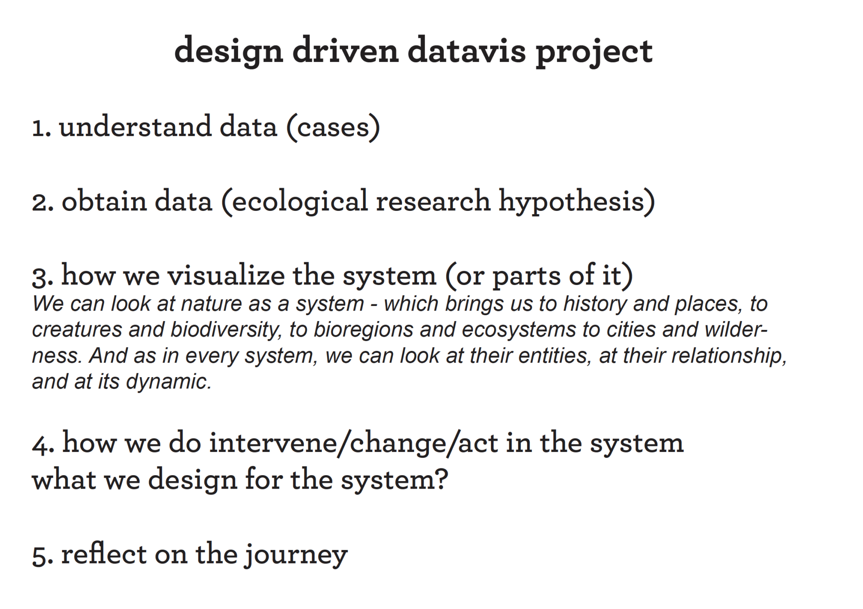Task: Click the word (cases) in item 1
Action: point(333,127)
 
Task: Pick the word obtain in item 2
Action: point(104,201)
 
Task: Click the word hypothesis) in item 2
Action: point(576,201)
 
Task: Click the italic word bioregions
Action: point(363,330)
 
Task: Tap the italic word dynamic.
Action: point(168,382)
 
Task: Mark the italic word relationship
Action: point(729,356)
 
